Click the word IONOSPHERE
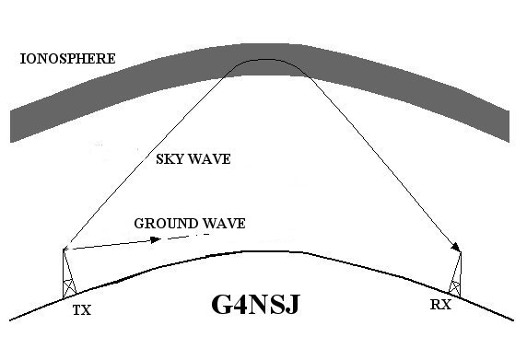[68, 59]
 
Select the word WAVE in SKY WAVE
[209, 159]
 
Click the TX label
[82, 310]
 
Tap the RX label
[440, 305]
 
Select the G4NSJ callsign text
[255, 304]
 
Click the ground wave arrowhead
[156, 239]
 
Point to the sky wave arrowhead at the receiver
[456, 247]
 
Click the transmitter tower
[68, 273]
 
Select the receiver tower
[456, 274]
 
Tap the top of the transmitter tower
[64, 249]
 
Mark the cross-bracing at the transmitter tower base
[69, 287]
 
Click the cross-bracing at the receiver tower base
[454, 288]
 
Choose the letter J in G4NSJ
[292, 305]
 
